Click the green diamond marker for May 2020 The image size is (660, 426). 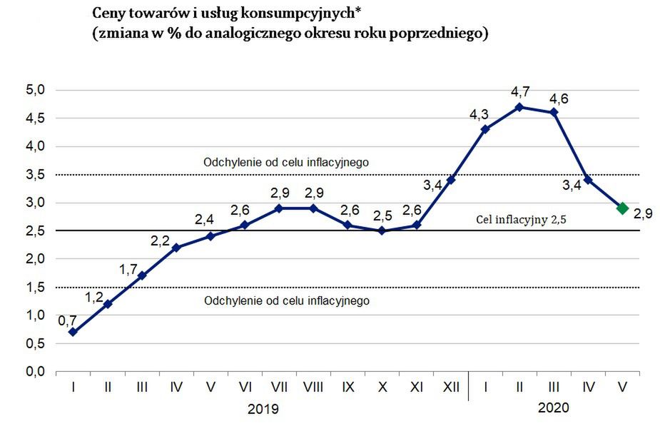click(622, 208)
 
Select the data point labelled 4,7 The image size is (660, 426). click(519, 107)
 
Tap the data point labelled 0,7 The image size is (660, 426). click(73, 332)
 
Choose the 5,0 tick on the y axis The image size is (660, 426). click(35, 90)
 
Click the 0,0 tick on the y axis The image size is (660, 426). click(35, 371)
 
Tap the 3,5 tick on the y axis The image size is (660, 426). click(35, 174)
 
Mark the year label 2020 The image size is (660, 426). click(554, 408)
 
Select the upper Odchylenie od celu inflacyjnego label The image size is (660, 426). click(286, 162)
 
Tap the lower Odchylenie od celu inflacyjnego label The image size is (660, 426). click(287, 300)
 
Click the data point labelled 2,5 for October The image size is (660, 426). click(382, 230)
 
